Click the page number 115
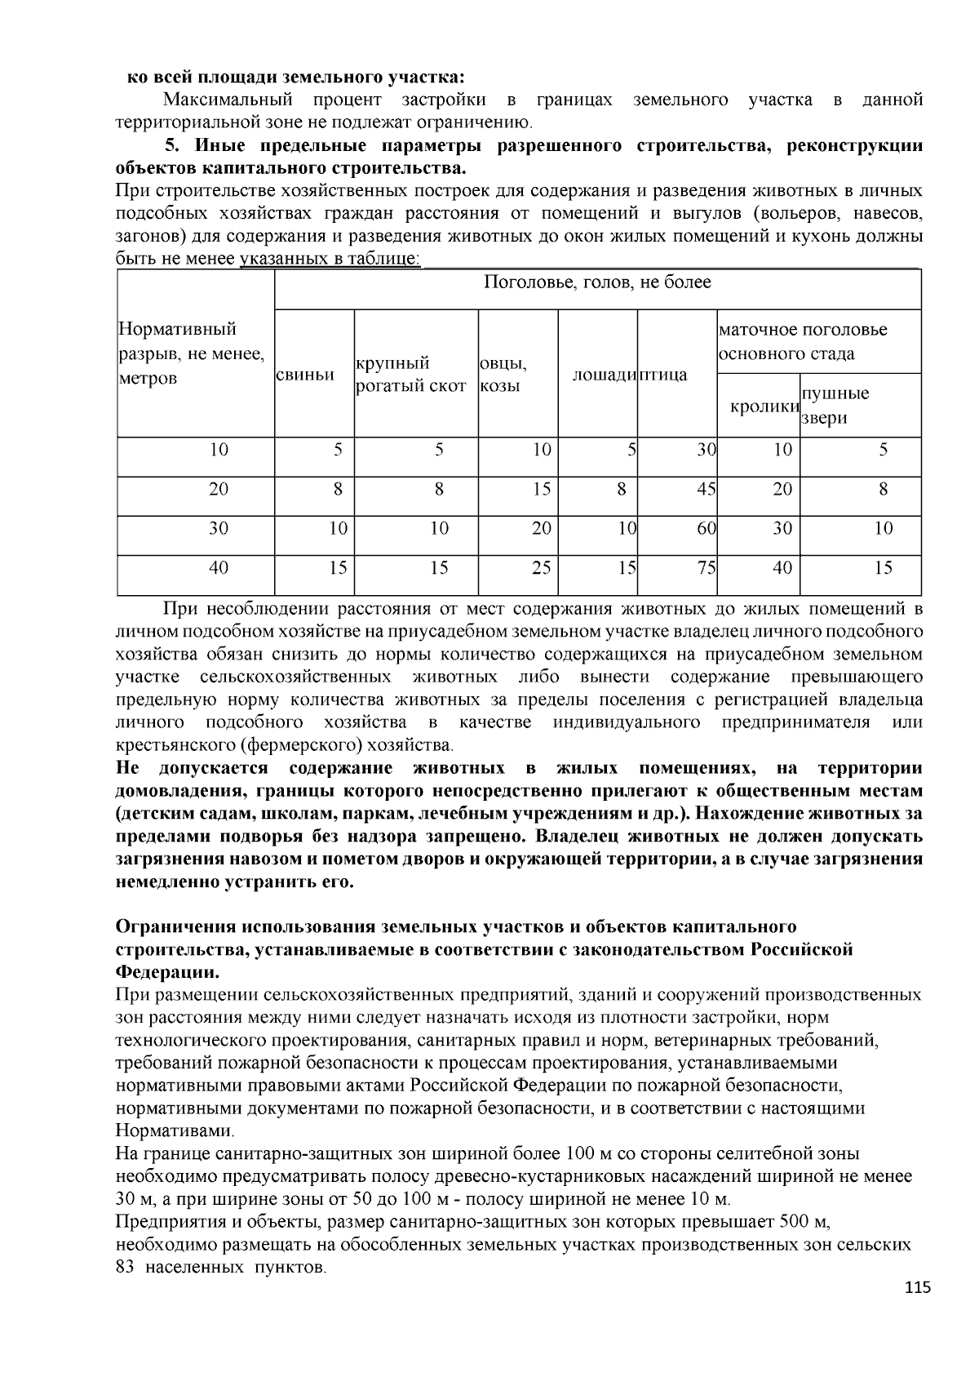(x=917, y=1287)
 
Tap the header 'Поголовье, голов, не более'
(x=597, y=283)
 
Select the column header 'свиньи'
(x=306, y=375)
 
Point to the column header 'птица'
(x=662, y=375)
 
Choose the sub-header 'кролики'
(x=764, y=406)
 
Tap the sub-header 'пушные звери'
(x=835, y=406)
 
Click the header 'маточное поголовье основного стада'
(x=803, y=342)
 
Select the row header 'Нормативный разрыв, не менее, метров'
(x=192, y=353)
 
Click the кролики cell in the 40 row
(x=782, y=568)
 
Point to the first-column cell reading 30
(x=219, y=529)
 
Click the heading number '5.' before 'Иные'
(x=172, y=146)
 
